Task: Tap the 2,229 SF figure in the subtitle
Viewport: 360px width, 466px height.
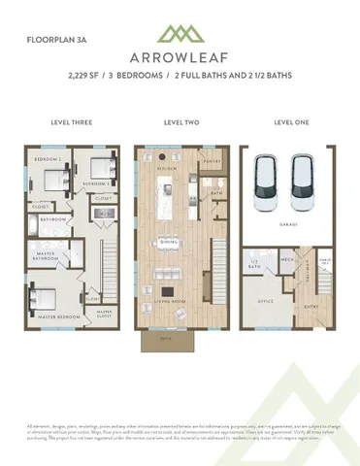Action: pyautogui.click(x=84, y=75)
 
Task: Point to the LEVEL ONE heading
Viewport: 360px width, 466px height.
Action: pyautogui.click(x=290, y=124)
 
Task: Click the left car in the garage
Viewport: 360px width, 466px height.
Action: pyautogui.click(x=267, y=186)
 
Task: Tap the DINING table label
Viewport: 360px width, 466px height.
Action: pyautogui.click(x=169, y=242)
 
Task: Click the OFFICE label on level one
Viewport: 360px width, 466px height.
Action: pyautogui.click(x=262, y=301)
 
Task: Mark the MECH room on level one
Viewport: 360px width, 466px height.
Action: pyautogui.click(x=287, y=260)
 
